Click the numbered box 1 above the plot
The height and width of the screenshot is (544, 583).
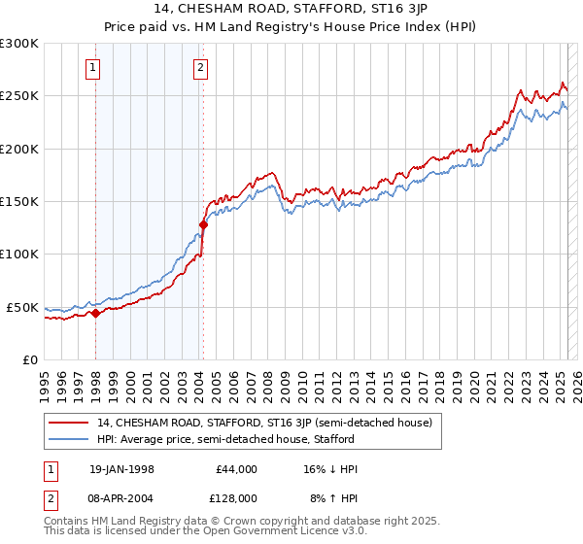(92, 67)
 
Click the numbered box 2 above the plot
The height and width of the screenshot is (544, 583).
(199, 67)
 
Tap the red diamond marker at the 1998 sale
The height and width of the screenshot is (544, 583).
(96, 314)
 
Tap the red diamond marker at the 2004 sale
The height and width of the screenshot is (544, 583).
(203, 225)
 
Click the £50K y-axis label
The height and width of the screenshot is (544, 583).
(23, 307)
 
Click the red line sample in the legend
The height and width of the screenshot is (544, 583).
(69, 423)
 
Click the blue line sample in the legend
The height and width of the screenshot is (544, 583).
(69, 439)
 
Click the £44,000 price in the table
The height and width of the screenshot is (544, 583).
(236, 469)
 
